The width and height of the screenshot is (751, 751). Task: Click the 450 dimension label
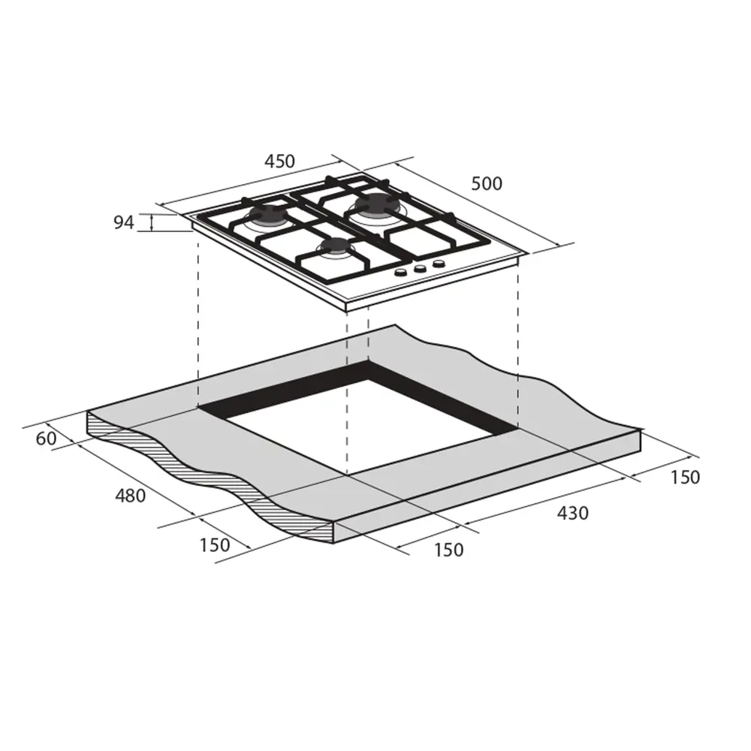point(279,161)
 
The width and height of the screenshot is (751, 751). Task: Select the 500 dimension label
point(487,183)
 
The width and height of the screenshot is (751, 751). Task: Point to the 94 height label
point(124,223)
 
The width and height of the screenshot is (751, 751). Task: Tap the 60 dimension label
point(46,439)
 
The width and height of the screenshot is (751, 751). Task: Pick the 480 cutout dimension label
point(130,496)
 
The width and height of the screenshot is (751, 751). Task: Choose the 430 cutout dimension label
point(573,514)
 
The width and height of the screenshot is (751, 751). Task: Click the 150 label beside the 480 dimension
point(215,545)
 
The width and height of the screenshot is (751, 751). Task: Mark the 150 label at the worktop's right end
point(685,477)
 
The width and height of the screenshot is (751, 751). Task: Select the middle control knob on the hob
point(420,268)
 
